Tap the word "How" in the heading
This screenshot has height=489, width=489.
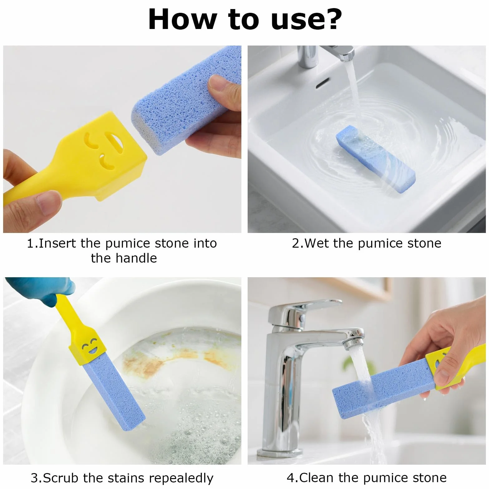[x=182, y=19]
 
